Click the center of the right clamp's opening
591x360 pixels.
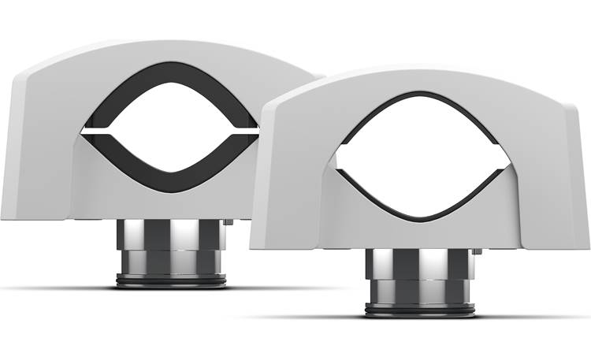click(418, 157)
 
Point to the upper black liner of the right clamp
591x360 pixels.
click(418, 98)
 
